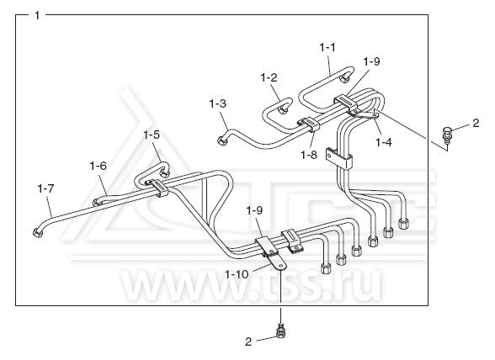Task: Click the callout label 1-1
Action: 327,48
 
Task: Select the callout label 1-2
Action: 269,77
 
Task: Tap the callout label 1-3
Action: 218,103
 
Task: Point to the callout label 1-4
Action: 384,143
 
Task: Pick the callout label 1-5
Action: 152,135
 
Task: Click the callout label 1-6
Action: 98,166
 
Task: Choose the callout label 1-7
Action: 45,188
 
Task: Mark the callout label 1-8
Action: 309,155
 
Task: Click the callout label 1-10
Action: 237,274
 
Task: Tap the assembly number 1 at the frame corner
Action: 37,15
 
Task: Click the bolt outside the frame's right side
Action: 447,134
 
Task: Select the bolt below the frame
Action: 280,331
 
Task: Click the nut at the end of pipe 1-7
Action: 38,233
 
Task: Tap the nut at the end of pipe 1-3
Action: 222,140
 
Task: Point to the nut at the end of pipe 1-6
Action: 96,202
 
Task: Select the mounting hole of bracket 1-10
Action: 280,267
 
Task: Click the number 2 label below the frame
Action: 248,341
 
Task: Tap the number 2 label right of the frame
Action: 476,123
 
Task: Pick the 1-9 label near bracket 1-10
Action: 254,210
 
